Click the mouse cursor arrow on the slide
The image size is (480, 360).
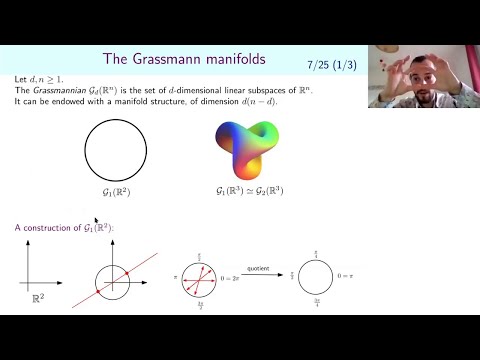pos(96,220)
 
